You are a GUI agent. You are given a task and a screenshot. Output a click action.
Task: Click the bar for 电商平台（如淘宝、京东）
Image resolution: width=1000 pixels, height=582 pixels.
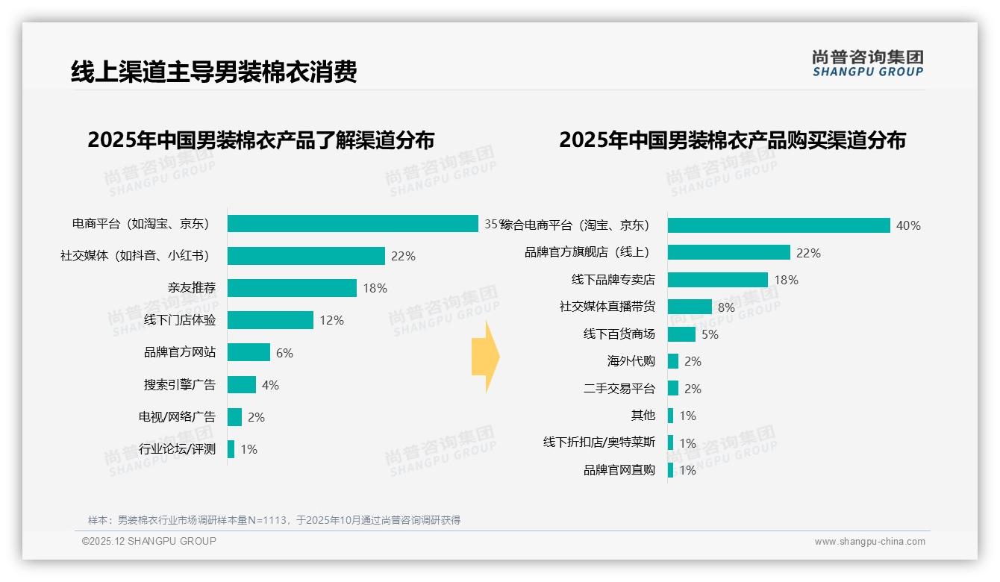[352, 224]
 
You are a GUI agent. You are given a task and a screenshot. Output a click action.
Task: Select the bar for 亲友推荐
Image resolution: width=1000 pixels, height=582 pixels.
[292, 288]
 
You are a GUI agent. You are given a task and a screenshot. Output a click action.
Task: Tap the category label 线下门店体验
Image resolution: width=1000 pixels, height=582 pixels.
[180, 320]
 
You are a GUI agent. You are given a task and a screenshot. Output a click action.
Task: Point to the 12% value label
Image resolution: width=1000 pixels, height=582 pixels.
[331, 320]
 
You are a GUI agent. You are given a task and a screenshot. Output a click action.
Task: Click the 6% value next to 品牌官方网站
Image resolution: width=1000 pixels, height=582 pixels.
[284, 353]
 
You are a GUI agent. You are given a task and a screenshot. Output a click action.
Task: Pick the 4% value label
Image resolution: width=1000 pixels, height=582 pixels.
[270, 385]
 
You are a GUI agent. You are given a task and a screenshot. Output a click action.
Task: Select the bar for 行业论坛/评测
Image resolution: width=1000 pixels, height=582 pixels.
[231, 449]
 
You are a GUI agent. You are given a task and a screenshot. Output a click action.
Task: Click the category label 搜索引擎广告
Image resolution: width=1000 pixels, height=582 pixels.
[180, 385]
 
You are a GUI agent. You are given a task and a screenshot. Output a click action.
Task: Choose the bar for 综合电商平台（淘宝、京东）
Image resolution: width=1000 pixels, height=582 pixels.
[778, 225]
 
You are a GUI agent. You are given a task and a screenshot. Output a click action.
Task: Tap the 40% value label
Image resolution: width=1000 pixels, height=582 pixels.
[908, 225]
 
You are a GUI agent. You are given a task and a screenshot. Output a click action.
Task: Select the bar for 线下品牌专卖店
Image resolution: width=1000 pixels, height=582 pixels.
[717, 280]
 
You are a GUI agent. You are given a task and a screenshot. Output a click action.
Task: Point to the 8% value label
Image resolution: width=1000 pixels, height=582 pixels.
[726, 307]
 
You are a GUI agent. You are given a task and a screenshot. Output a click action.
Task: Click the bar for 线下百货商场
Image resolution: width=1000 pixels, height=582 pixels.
[681, 334]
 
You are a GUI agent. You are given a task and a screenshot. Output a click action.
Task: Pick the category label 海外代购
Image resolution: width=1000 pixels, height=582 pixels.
[631, 361]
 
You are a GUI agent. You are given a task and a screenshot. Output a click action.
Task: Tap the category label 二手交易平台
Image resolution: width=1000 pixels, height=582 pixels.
[619, 389]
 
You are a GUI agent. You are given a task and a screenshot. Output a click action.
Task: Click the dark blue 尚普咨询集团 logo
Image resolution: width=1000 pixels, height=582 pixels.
[867, 63]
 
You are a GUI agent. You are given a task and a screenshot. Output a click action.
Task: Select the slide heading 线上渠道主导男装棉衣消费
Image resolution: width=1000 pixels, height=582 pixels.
[214, 72]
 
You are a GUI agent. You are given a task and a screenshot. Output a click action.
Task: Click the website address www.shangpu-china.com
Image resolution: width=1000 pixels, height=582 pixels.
[869, 542]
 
